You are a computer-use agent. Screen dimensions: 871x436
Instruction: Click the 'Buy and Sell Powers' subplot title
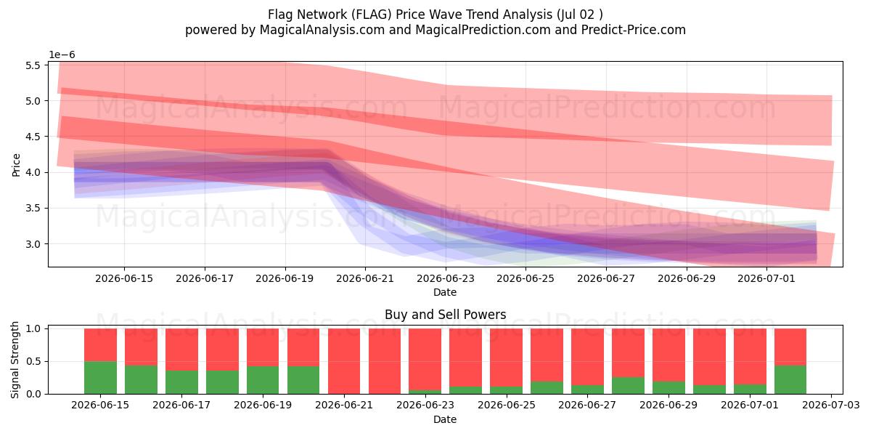[x=445, y=314]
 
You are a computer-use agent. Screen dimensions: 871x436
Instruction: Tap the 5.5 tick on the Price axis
[x=33, y=65]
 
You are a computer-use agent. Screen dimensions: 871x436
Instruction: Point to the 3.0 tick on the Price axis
[x=33, y=244]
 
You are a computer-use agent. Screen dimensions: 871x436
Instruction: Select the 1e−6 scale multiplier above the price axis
[x=62, y=55]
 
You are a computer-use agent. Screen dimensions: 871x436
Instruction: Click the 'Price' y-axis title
[x=16, y=165]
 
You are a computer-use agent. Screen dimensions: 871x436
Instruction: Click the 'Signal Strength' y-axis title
[x=15, y=360]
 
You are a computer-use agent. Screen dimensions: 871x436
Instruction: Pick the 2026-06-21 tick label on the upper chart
[x=365, y=279]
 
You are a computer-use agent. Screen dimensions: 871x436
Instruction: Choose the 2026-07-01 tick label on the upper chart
[x=766, y=279]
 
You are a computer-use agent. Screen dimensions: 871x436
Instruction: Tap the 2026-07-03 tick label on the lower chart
[x=831, y=405]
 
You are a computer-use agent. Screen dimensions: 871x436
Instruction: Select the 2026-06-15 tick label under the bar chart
[x=100, y=405]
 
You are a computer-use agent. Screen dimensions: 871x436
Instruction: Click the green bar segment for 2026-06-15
[x=100, y=378]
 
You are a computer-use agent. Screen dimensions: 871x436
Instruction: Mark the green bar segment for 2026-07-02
[x=790, y=379]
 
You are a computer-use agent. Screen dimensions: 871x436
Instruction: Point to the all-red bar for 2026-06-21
[x=344, y=361]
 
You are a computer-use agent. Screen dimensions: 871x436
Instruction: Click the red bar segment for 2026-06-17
[x=181, y=350]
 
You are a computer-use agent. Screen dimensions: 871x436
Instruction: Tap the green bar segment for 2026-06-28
[x=628, y=385]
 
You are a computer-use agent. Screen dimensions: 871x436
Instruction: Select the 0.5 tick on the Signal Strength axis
[x=33, y=362]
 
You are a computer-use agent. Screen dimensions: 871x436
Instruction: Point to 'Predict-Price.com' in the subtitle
[x=634, y=30]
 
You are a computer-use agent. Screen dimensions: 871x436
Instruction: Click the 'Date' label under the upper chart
[x=445, y=292]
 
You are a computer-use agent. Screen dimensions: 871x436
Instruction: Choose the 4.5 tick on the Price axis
[x=33, y=137]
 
